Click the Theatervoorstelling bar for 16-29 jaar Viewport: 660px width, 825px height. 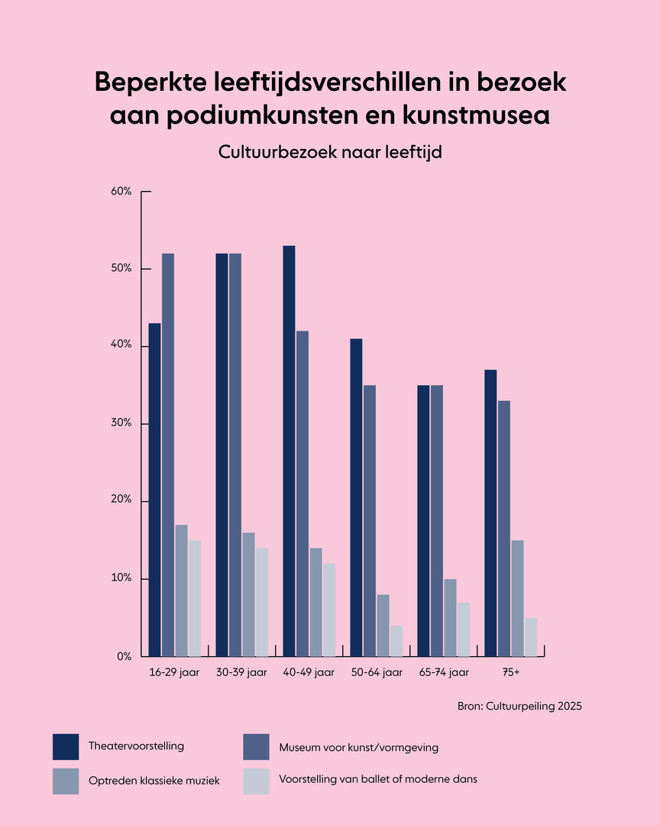point(155,489)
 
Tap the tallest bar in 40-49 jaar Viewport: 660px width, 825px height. point(290,451)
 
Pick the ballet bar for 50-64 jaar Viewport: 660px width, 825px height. point(396,641)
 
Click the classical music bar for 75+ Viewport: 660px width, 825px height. point(517,598)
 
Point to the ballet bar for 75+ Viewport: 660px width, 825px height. point(531,637)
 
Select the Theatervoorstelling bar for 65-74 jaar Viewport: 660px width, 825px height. point(424,520)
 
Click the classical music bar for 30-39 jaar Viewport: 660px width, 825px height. point(248,594)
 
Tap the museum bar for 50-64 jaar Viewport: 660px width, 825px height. point(370,520)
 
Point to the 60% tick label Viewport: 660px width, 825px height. point(121,191)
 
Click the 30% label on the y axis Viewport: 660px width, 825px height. point(121,423)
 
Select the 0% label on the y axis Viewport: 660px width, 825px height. point(125,656)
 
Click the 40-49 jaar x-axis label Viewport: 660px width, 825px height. point(309,673)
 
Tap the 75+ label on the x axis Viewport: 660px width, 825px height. point(511,673)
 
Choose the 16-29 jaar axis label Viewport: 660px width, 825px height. point(174,673)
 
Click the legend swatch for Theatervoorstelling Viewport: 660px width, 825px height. point(66,746)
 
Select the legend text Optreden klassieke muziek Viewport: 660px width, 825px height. point(154,781)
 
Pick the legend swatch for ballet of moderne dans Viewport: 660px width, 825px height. point(256,781)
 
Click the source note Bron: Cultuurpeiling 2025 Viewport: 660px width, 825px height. point(519,707)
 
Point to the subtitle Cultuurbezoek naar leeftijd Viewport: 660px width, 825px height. point(330,152)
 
